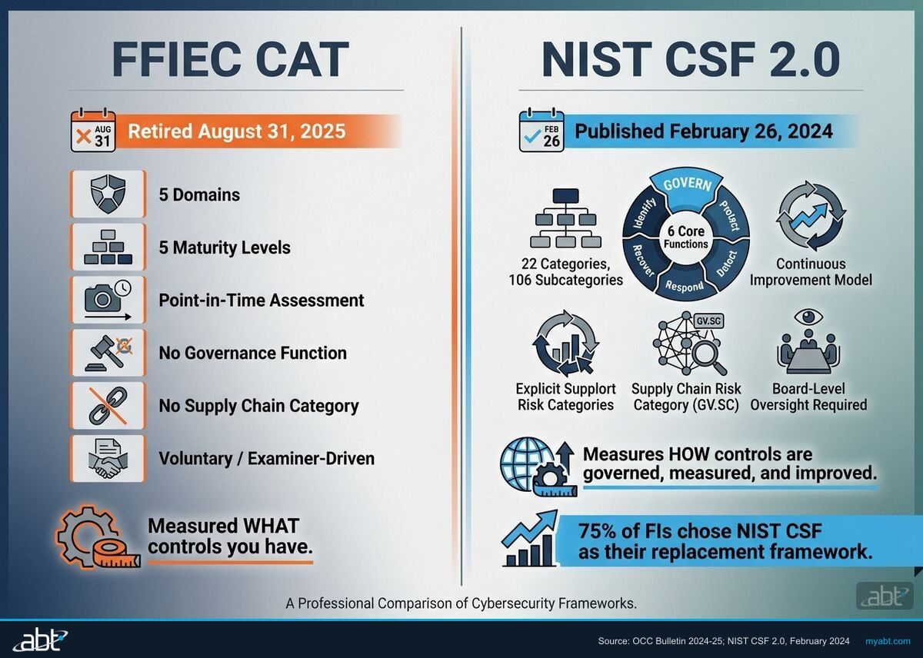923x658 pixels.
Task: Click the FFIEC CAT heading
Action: coord(230,60)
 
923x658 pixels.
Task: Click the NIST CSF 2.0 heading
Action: coord(690,60)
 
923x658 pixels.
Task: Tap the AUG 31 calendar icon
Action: coord(92,131)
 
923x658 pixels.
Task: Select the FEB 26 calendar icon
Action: coord(541,131)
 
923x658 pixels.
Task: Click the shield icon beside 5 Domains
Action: coord(107,194)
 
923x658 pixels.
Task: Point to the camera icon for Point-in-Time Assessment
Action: coord(107,300)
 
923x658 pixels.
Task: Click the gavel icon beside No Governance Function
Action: coord(107,353)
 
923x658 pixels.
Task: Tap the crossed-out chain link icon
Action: coord(107,405)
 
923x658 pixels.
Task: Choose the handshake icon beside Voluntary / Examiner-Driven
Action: coord(107,459)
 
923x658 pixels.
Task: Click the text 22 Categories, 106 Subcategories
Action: coord(565,272)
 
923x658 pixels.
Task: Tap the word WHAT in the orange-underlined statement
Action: coord(268,527)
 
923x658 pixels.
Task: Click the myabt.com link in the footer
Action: coord(888,640)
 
